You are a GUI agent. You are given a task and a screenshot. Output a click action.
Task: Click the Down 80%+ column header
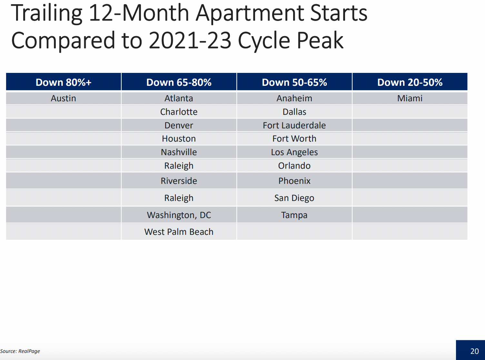coord(64,83)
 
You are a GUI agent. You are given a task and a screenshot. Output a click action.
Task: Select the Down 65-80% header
coord(179,83)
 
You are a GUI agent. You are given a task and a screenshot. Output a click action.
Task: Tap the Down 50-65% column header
coord(294,83)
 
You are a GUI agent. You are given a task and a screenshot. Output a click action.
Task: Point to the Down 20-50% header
coord(410,83)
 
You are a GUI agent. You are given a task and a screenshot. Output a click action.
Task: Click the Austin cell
coord(64,98)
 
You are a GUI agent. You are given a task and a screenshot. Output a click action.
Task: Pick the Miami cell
coord(410,98)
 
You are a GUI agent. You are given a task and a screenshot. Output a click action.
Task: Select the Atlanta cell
coord(179,98)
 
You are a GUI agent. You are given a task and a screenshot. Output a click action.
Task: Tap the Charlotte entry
coord(179,112)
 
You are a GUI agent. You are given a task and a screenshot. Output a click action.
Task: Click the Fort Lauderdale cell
coord(294,125)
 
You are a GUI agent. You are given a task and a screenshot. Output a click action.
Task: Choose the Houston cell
coord(179,139)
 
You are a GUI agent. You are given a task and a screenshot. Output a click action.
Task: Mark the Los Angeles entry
coord(294,152)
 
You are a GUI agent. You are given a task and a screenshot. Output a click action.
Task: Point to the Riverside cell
coord(179,181)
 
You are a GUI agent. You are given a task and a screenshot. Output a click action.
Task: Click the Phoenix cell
coord(294,181)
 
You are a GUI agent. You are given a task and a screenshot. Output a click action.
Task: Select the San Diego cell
coord(294,198)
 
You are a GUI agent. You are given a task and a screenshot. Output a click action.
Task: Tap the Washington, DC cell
coord(179,215)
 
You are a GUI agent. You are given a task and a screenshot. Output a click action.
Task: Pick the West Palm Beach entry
coord(179,232)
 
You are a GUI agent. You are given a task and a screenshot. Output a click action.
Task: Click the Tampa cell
coord(294,215)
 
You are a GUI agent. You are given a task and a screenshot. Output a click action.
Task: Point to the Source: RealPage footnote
coord(20,351)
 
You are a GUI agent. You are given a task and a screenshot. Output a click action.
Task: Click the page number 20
coord(474,351)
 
